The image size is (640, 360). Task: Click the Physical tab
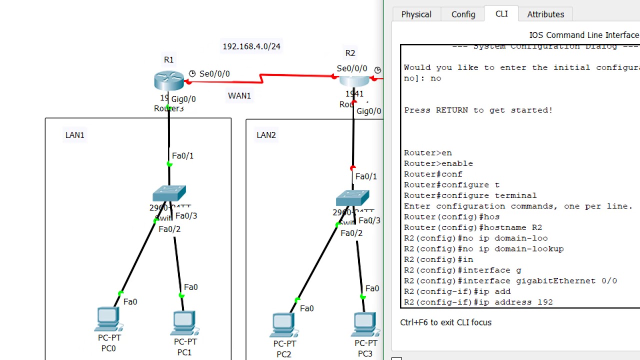pyautogui.click(x=416, y=14)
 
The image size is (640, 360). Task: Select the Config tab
pyautogui.click(x=463, y=14)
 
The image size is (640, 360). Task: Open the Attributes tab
pyautogui.click(x=545, y=14)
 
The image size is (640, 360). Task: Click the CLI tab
pyautogui.click(x=501, y=14)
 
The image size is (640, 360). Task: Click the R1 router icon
pyautogui.click(x=169, y=80)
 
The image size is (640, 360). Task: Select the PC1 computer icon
pyautogui.click(x=184, y=323)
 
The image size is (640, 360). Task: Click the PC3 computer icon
pyautogui.click(x=365, y=324)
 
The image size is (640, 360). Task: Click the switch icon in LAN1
pyautogui.click(x=169, y=194)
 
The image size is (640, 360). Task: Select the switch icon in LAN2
pyautogui.click(x=352, y=198)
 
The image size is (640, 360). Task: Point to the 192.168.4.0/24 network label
pyautogui.click(x=251, y=46)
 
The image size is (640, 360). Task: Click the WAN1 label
pyautogui.click(x=239, y=96)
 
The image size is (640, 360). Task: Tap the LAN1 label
pyautogui.click(x=74, y=135)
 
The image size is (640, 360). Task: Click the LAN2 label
pyautogui.click(x=266, y=135)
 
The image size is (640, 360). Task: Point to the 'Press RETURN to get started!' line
pyautogui.click(x=478, y=110)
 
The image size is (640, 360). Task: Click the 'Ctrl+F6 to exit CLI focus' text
pyautogui.click(x=445, y=322)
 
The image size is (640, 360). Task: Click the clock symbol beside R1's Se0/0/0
pyautogui.click(x=192, y=73)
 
